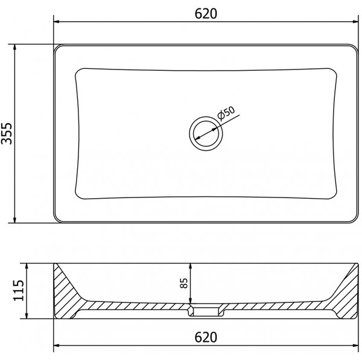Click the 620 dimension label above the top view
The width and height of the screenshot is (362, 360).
pyautogui.click(x=206, y=14)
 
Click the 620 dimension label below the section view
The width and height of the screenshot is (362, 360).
pyautogui.click(x=206, y=338)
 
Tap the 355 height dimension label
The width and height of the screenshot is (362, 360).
pyautogui.click(x=7, y=133)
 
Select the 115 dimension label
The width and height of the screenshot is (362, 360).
pyautogui.click(x=19, y=291)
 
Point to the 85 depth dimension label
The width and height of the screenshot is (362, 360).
pyautogui.click(x=184, y=283)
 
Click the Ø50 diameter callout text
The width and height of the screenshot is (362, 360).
pyautogui.click(x=226, y=113)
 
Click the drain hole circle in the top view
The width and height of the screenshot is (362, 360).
pyautogui.click(x=206, y=133)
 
